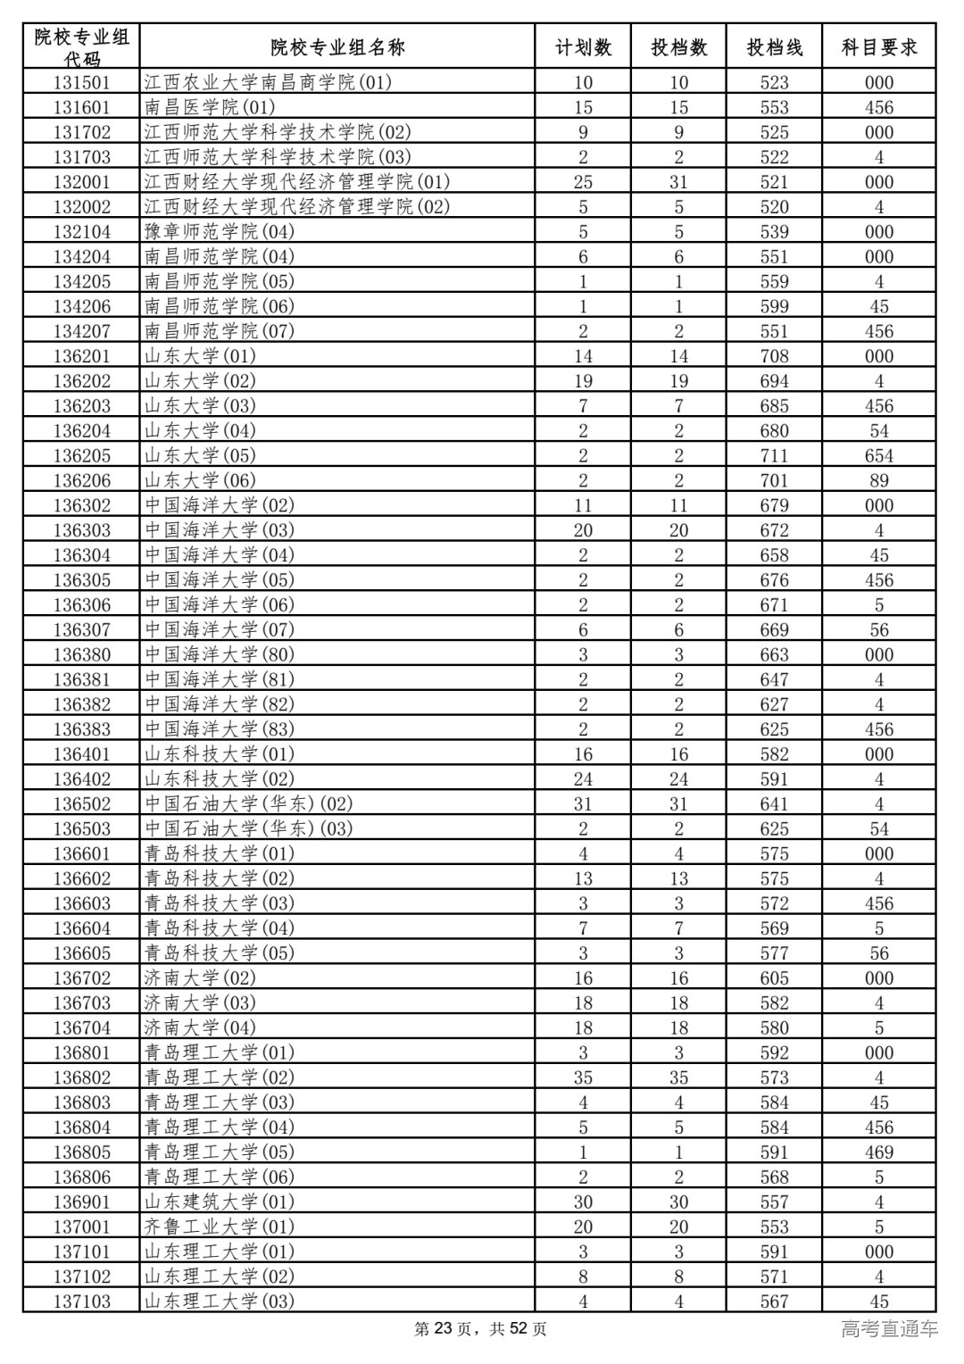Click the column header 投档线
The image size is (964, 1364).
coord(774,47)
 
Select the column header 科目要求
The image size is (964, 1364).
coord(878,47)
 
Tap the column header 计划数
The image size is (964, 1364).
coord(583,47)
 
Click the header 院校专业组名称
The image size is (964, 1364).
coord(337,47)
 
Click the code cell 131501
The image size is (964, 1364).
coord(81,83)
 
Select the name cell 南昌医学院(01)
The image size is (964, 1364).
coord(210,108)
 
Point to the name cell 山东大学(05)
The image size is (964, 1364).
coord(200,456)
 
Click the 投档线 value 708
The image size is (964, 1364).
coord(774,356)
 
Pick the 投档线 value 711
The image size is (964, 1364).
coord(774,456)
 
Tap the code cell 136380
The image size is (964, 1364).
coord(81,655)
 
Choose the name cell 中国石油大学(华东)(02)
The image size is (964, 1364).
coord(249,804)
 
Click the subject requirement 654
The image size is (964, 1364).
coord(878,456)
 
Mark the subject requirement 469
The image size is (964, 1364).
coord(878,1152)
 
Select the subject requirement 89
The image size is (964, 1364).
coord(878,481)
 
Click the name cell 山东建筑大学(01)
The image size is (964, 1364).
coord(220,1202)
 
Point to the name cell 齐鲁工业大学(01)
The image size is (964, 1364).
coord(220,1227)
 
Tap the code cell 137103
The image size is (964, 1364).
coord(81,1302)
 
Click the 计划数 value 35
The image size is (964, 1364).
coord(583,1077)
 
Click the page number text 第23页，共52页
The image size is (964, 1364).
coord(481,1329)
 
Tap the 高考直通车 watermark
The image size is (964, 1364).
coord(889,1329)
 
